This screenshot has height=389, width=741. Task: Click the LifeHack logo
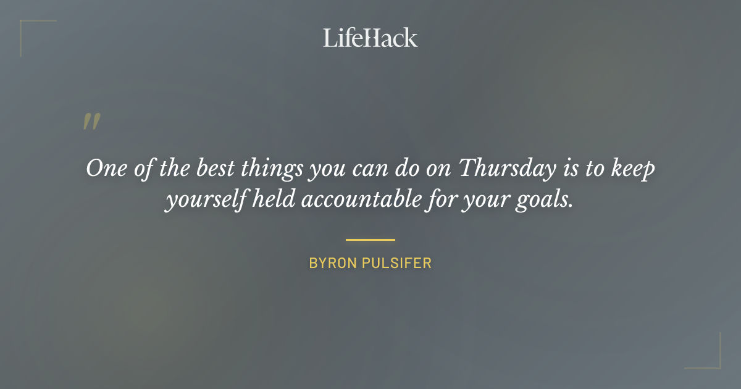tap(370, 38)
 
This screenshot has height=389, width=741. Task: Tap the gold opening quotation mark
tap(91, 122)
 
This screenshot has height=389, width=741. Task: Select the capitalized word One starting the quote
tap(105, 169)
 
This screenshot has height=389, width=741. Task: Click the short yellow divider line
tap(370, 240)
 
